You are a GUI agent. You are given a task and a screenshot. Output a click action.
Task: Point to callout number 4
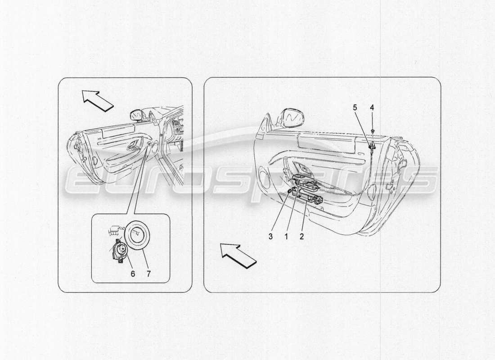pos(372,108)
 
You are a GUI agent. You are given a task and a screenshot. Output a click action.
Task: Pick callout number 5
pos(355,108)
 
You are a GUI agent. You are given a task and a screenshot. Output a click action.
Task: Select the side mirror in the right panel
pos(292,118)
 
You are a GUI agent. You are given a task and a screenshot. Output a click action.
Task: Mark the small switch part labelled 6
pos(119,250)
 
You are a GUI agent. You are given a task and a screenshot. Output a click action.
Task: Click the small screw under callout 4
pos(373,130)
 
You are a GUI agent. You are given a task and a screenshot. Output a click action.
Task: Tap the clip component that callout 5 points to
pos(372,145)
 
